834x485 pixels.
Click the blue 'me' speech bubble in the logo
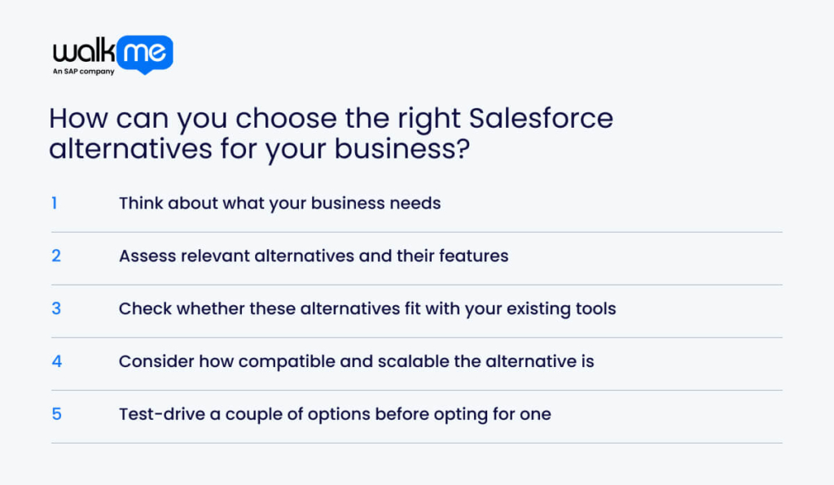[x=144, y=53]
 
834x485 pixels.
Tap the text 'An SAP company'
[x=83, y=72]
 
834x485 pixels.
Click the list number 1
[x=55, y=203]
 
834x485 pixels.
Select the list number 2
[x=56, y=256]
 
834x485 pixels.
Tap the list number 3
[x=56, y=308]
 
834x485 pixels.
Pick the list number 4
[x=56, y=361]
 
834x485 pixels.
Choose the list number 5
[x=56, y=413]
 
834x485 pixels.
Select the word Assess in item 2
[x=144, y=256]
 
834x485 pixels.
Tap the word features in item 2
[x=475, y=256]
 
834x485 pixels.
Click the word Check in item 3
[x=143, y=308]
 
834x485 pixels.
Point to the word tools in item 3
[x=595, y=308]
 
